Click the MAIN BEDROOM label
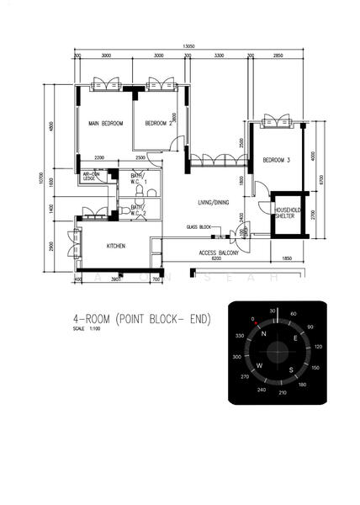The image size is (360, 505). click(x=106, y=124)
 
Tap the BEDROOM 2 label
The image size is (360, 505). click(x=158, y=124)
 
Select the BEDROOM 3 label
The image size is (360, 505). click(x=277, y=160)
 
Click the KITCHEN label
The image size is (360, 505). click(x=116, y=246)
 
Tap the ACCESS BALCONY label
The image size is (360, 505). click(x=219, y=252)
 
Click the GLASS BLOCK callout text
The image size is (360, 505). click(x=199, y=227)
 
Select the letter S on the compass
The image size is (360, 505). click(x=291, y=369)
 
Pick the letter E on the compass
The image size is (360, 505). click(x=294, y=338)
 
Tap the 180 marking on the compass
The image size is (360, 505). click(x=301, y=385)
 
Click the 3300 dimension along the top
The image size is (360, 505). click(x=219, y=56)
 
